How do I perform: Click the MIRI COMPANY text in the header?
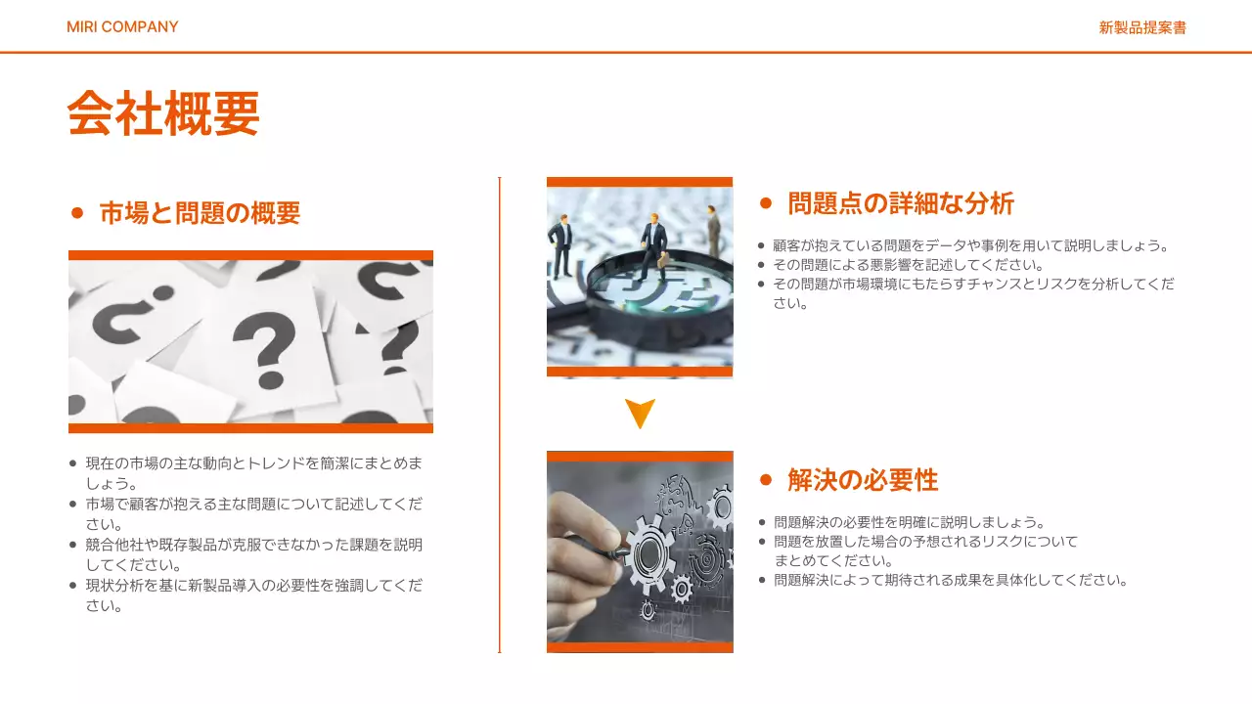click(122, 26)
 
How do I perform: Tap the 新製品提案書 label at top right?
click(1142, 27)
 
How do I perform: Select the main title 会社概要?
click(163, 113)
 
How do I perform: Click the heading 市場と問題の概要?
click(201, 213)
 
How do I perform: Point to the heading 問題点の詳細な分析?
click(901, 203)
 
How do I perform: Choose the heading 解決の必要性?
click(863, 480)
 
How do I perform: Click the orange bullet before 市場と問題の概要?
click(77, 213)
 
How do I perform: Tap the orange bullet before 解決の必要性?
click(766, 480)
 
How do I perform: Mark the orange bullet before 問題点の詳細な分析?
click(766, 203)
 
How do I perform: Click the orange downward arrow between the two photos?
click(640, 412)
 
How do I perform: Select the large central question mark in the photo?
click(265, 349)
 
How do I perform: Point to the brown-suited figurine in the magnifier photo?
click(714, 231)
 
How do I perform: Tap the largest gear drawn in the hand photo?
click(650, 553)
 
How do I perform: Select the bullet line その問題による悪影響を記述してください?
click(909, 265)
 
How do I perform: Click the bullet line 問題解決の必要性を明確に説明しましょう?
click(910, 522)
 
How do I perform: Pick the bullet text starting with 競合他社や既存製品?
click(253, 554)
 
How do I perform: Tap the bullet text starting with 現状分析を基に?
click(253, 595)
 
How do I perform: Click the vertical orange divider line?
click(500, 415)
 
